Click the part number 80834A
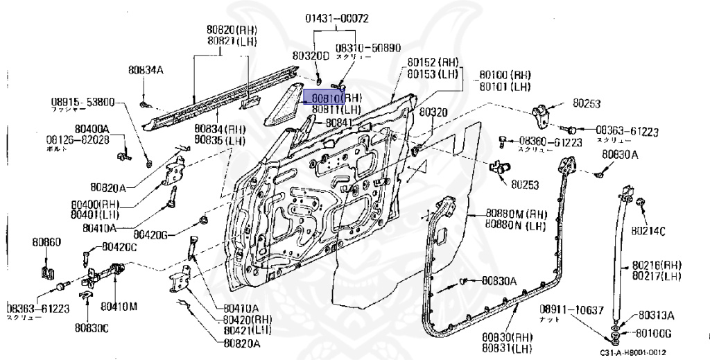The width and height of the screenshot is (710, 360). tap(146, 69)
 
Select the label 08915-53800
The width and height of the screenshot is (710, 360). tap(83, 102)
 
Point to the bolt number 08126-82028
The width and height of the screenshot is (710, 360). tap(77, 139)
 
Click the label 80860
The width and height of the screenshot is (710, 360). tap(46, 242)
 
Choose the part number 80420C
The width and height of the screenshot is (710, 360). tap(119, 246)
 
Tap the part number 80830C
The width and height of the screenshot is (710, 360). tap(92, 327)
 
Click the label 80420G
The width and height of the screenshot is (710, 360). tap(152, 234)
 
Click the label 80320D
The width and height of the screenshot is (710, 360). tap(310, 55)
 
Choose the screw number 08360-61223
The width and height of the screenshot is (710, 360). tap(550, 141)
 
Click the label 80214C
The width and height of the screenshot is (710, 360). tap(648, 230)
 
